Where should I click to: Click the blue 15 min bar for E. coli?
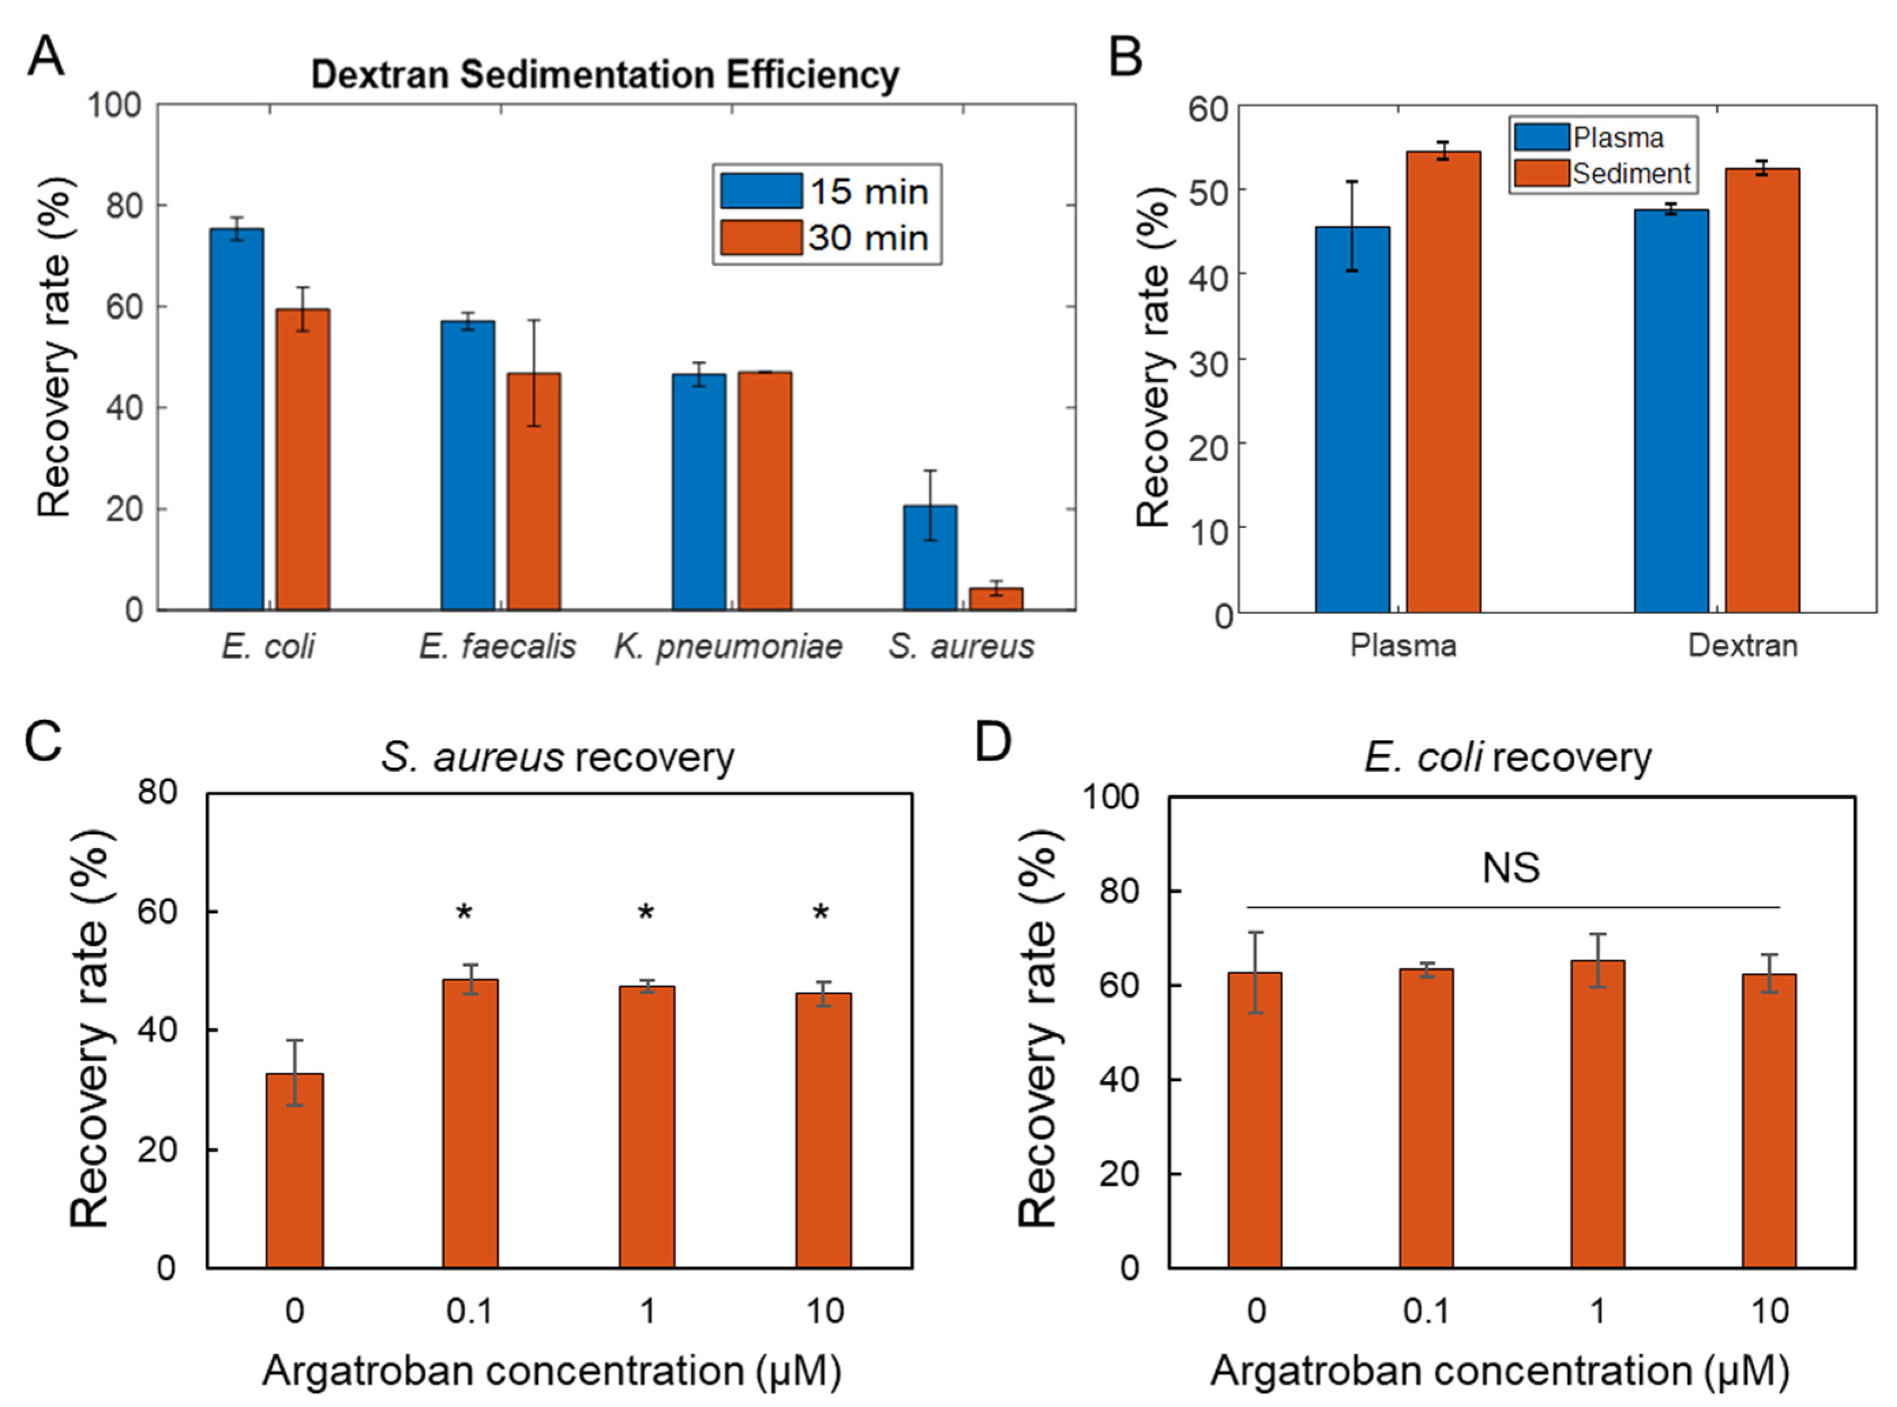(236, 419)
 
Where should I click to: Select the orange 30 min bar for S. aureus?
(996, 599)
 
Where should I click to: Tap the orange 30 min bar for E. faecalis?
(534, 491)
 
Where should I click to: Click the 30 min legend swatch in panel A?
(761, 238)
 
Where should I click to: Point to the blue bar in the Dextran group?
(1671, 411)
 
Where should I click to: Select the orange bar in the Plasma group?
(1443, 382)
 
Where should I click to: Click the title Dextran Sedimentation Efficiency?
(605, 75)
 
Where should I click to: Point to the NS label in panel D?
(1510, 868)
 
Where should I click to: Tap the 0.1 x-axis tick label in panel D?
(1427, 1310)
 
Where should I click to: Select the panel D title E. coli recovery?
(1507, 757)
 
